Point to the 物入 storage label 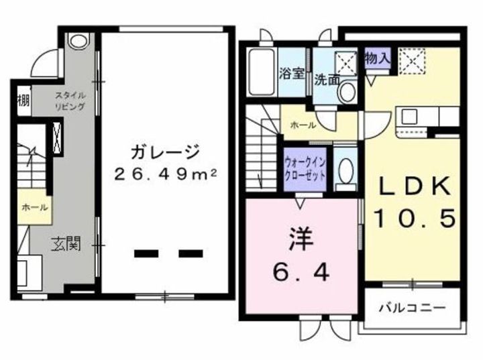[378, 58]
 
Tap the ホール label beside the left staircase [34, 208]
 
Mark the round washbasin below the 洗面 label [346, 93]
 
